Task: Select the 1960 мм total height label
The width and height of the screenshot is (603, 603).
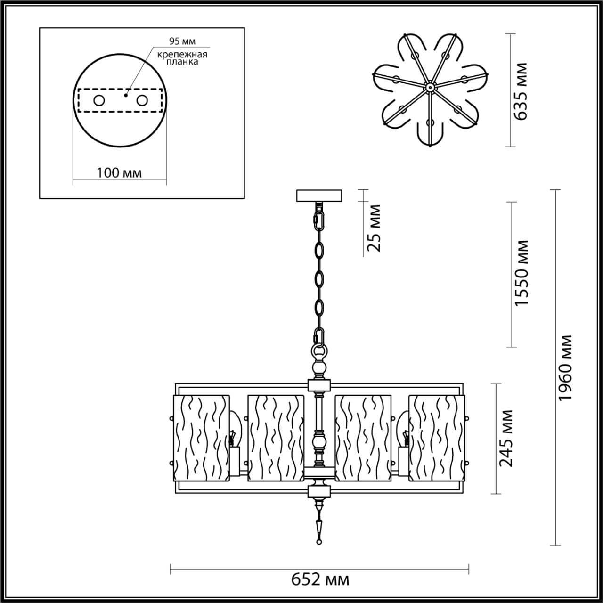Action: (565, 368)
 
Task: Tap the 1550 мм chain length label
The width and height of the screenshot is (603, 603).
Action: (522, 273)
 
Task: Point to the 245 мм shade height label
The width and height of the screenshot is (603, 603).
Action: (506, 438)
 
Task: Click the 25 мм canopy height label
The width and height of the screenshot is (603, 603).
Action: (375, 228)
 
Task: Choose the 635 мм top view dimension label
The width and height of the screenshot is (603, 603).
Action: (522, 91)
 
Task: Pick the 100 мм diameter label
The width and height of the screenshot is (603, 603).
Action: (119, 173)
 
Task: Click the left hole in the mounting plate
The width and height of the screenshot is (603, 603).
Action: (99, 100)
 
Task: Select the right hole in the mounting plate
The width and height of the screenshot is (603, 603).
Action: (142, 100)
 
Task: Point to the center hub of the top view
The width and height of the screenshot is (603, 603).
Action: (429, 87)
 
